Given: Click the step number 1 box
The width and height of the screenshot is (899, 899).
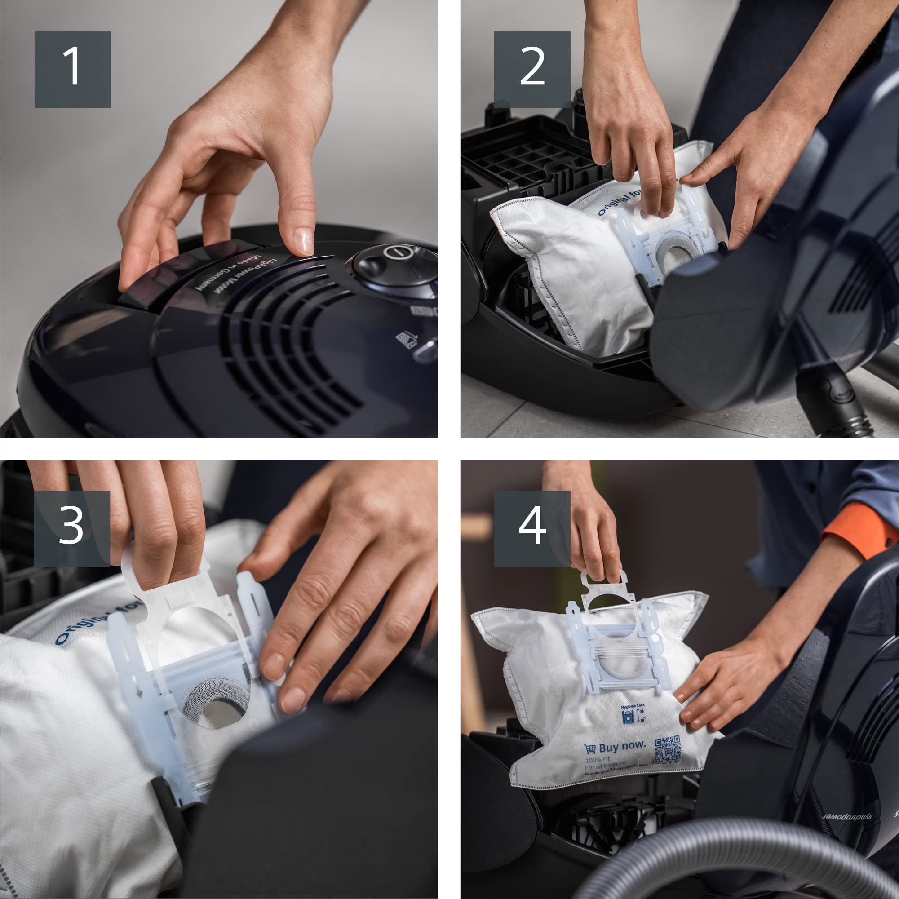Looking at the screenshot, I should pyautogui.click(x=73, y=69).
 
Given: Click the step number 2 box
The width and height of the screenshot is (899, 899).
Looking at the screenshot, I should pyautogui.click(x=532, y=69).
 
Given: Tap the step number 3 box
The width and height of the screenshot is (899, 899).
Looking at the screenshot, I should pyautogui.click(x=72, y=528).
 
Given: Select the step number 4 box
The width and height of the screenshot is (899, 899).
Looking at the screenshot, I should pyautogui.click(x=532, y=528).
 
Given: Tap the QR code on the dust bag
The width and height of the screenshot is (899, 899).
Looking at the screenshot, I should pyautogui.click(x=667, y=749).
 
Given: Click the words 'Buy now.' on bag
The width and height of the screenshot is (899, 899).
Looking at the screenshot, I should pyautogui.click(x=622, y=746).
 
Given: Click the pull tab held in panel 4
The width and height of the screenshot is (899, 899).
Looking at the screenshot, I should pyautogui.click(x=604, y=582).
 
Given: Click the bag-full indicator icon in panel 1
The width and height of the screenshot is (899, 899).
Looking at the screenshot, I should pyautogui.click(x=406, y=339).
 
